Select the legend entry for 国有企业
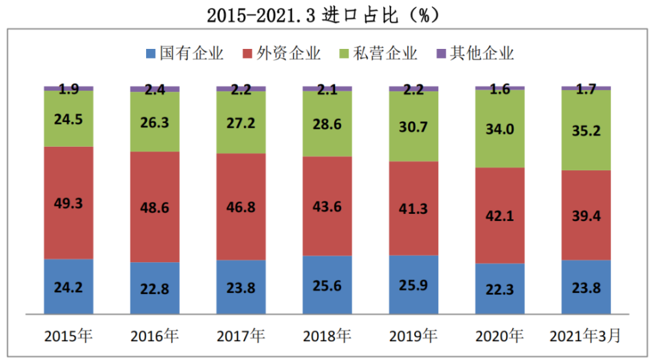(185, 53)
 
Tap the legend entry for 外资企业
(281, 53)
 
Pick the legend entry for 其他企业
(475, 53)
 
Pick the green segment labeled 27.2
(241, 122)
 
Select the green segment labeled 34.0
(500, 128)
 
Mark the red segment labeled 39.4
(586, 215)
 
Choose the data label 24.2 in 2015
(68, 286)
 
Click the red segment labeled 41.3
(413, 209)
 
